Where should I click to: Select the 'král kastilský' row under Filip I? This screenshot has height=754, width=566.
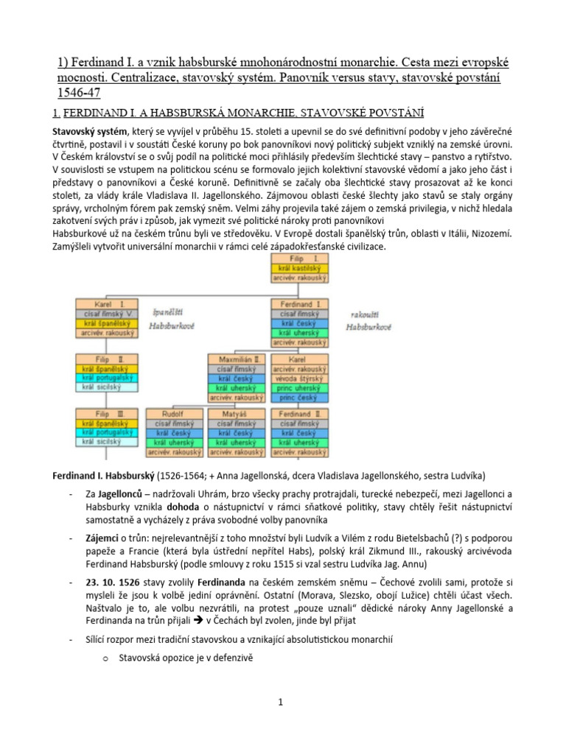tap(303, 270)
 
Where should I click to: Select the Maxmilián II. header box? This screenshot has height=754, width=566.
tap(238, 359)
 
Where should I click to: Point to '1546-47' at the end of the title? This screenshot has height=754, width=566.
tap(78, 93)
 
